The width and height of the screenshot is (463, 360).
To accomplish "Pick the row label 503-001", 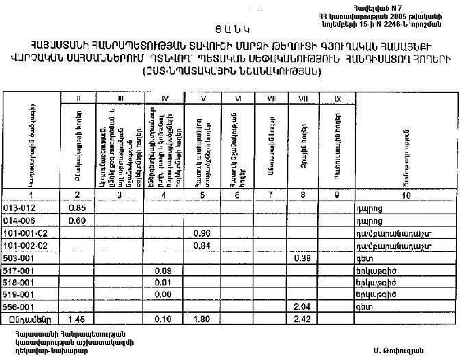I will click(17, 259).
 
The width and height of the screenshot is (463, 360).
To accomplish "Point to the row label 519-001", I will click(17, 295).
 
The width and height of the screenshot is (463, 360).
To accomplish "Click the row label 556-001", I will click(17, 307).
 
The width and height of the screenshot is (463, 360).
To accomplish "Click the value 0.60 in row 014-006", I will click(77, 221).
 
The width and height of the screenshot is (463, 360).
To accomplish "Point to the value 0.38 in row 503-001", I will click(301, 259).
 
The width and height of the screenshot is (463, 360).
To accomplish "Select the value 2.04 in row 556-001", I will click(301, 307).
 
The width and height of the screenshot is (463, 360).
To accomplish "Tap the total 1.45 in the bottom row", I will click(77, 320).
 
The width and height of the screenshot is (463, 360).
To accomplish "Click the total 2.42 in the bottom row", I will click(301, 320).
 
